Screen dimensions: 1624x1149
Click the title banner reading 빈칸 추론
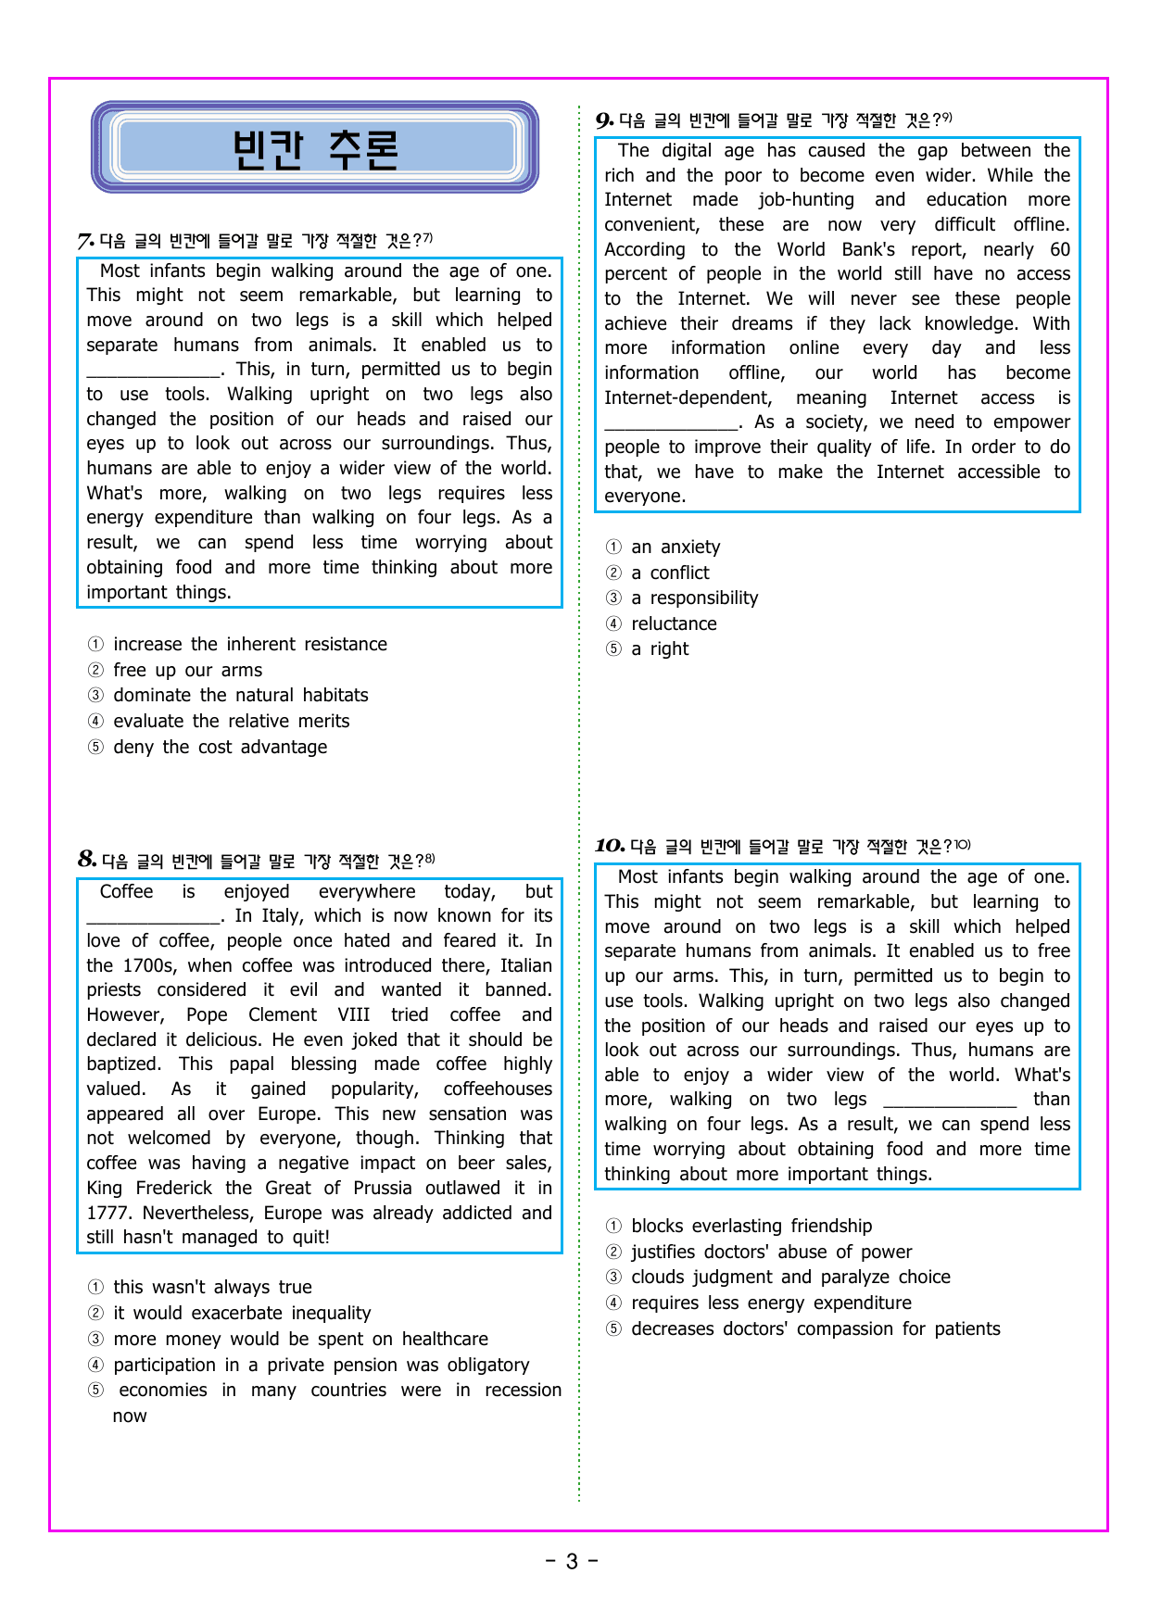point(315,148)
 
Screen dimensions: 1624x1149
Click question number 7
point(86,242)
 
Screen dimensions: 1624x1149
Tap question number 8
point(87,860)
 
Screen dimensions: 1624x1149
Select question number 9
point(604,120)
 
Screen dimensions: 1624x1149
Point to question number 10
point(610,846)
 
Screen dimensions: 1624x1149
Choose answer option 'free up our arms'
point(187,670)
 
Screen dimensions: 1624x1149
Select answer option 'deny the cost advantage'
point(220,747)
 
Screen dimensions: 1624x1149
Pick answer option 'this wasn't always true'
point(212,1287)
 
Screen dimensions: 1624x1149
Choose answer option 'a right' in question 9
point(660,648)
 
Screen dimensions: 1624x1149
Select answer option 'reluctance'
point(674,623)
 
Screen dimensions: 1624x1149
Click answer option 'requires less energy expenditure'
point(771,1303)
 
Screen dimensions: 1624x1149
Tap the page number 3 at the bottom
point(572,1562)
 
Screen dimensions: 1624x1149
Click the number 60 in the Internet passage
point(1060,249)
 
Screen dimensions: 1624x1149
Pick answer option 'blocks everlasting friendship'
point(751,1226)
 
